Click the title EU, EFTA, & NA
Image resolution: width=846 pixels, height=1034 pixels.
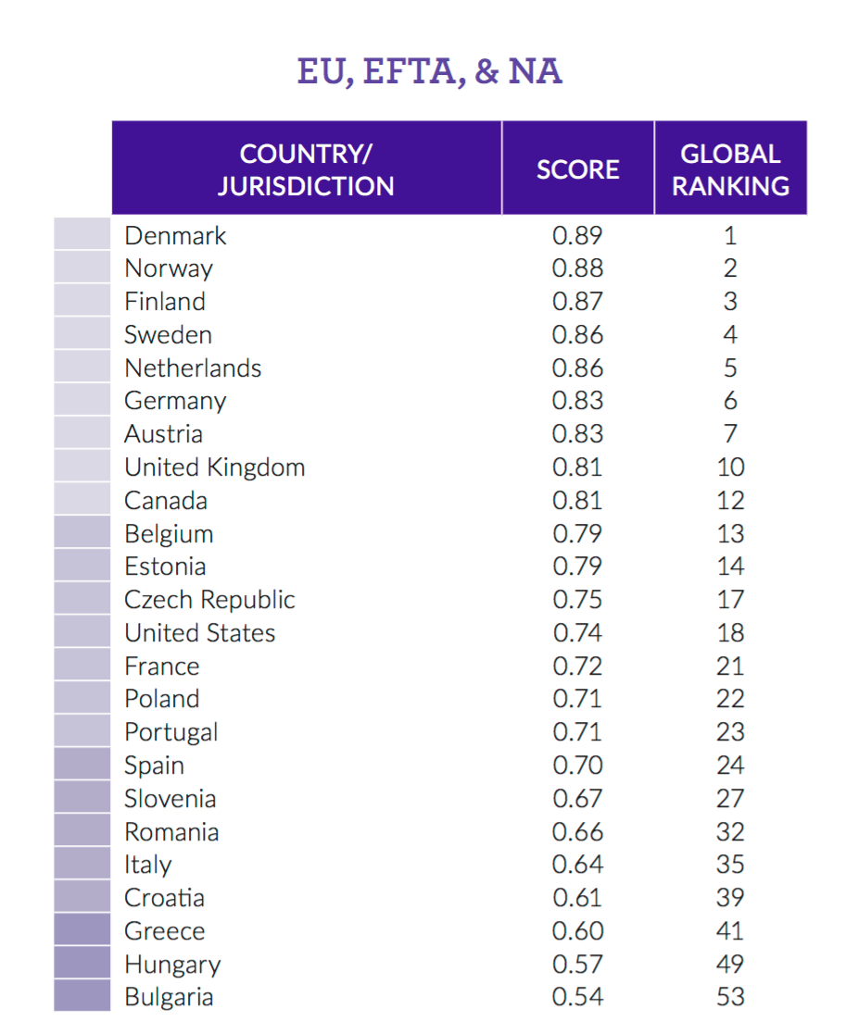tap(429, 71)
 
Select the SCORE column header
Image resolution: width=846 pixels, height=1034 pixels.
tap(577, 169)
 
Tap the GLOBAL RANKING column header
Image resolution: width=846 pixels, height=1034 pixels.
tap(730, 169)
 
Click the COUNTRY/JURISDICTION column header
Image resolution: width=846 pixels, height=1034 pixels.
tap(306, 169)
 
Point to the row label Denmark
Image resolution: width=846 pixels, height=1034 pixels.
tap(175, 235)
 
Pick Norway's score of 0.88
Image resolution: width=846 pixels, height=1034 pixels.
tap(577, 268)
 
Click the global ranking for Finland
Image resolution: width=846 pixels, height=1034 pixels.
tap(730, 302)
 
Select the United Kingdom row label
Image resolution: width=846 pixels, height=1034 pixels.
tap(215, 467)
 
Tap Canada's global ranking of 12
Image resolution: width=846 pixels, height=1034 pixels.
tap(730, 501)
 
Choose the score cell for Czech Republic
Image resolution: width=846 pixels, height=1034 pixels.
tap(577, 600)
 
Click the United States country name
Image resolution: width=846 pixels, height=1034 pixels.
tap(200, 633)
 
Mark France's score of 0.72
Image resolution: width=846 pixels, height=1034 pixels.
tap(577, 666)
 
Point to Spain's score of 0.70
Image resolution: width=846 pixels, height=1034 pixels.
tap(577, 766)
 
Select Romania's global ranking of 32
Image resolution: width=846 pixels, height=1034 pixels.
tap(730, 832)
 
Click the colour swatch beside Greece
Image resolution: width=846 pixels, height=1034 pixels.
tap(82, 930)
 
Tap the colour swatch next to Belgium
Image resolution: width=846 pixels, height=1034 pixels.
tap(82, 534)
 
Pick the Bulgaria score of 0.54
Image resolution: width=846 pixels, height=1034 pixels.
tap(577, 997)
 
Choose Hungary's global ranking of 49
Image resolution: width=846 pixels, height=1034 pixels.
tap(730, 964)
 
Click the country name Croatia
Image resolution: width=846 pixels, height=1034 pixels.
tap(165, 898)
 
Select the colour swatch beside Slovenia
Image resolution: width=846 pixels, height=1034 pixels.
tap(82, 799)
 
